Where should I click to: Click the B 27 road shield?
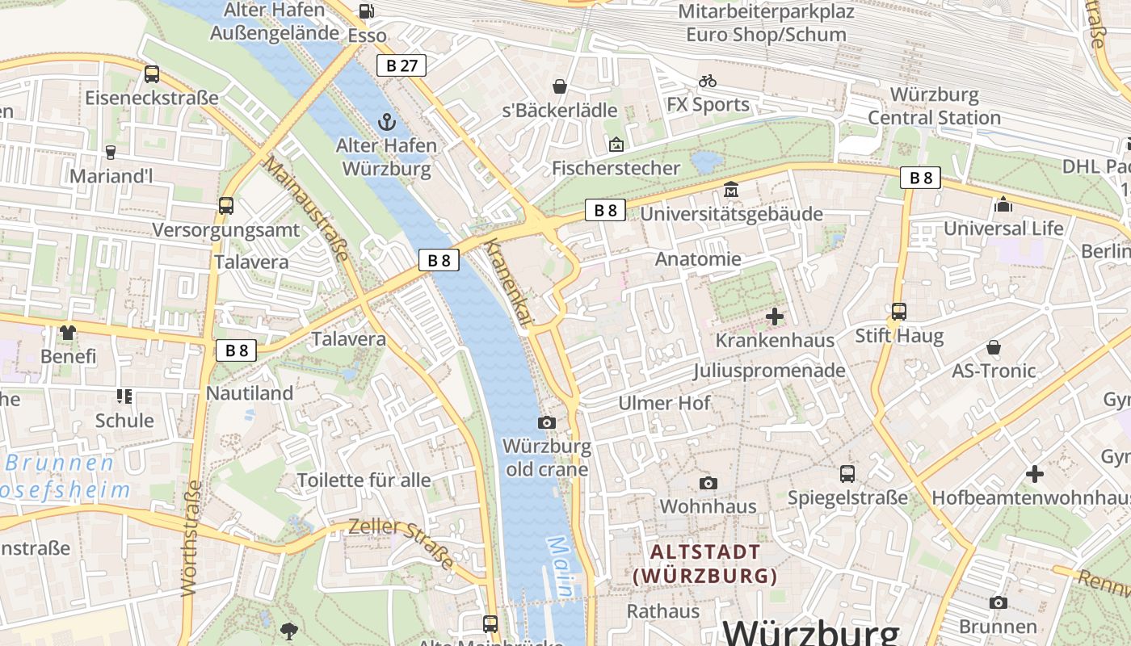click(401, 65)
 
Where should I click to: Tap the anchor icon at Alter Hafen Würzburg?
click(387, 123)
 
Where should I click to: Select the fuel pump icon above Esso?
click(366, 11)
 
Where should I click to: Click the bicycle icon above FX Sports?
click(708, 81)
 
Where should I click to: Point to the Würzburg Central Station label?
click(934, 106)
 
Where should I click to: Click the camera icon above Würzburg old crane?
click(547, 422)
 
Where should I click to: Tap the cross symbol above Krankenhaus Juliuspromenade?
click(775, 317)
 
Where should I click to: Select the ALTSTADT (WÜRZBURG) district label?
click(705, 564)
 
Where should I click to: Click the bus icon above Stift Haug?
click(898, 311)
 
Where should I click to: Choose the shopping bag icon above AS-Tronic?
click(994, 347)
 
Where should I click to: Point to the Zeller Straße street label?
click(401, 543)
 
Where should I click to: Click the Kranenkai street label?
click(509, 282)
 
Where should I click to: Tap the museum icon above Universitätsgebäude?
click(731, 189)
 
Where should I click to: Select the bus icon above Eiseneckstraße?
click(152, 74)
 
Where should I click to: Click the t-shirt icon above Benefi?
click(68, 332)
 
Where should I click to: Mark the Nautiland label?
click(250, 393)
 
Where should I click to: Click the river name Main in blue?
click(563, 568)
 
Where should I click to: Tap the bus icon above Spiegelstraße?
click(847, 474)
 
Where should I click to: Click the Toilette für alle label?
click(364, 480)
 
